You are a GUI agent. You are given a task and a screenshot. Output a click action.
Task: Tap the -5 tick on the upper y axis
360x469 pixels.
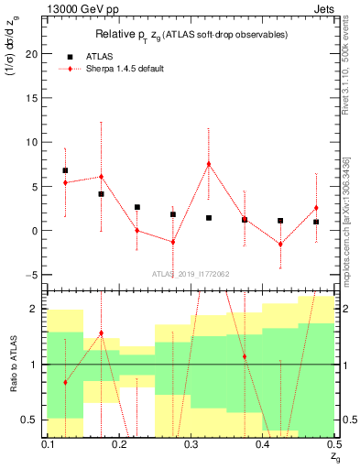[35, 275]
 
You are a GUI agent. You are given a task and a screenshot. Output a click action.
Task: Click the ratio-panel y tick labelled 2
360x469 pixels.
[37, 309]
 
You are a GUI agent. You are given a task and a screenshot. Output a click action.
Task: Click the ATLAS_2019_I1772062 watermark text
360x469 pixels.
[191, 274]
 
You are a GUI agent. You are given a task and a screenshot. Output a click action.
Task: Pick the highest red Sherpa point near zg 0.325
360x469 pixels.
[209, 164]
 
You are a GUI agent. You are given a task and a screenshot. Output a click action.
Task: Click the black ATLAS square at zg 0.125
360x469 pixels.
[65, 170]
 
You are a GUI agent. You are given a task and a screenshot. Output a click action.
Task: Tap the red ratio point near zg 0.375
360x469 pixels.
[245, 356]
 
